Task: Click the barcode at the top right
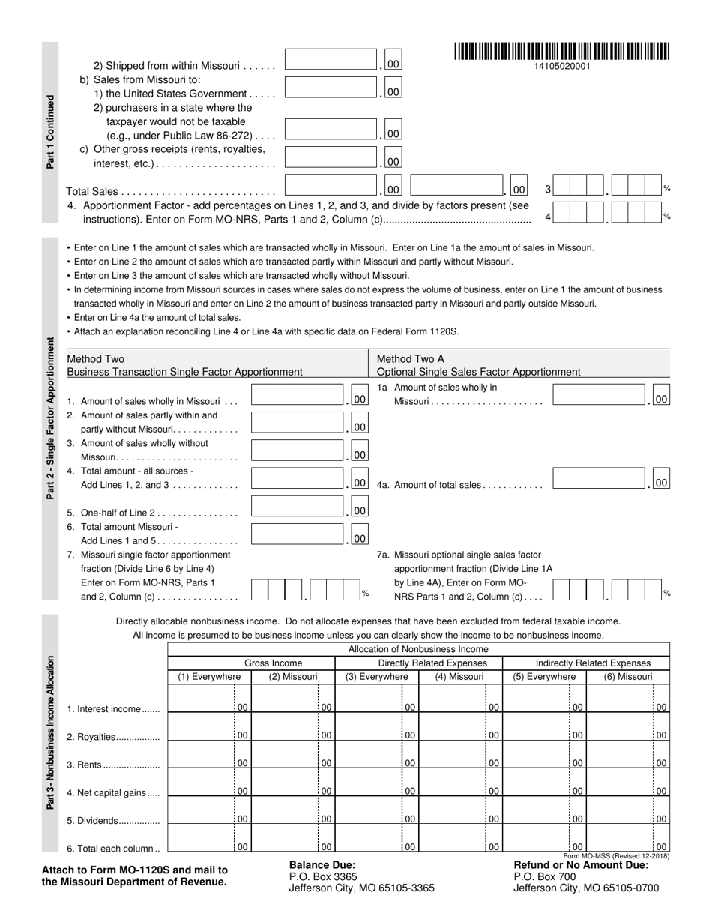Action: point(561,52)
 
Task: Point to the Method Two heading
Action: point(96,359)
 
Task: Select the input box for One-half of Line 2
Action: point(298,507)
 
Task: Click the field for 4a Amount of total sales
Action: point(599,479)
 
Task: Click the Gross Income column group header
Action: point(252,663)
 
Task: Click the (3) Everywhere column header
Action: point(376,677)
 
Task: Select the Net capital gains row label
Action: point(113,792)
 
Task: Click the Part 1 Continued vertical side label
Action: point(50,131)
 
